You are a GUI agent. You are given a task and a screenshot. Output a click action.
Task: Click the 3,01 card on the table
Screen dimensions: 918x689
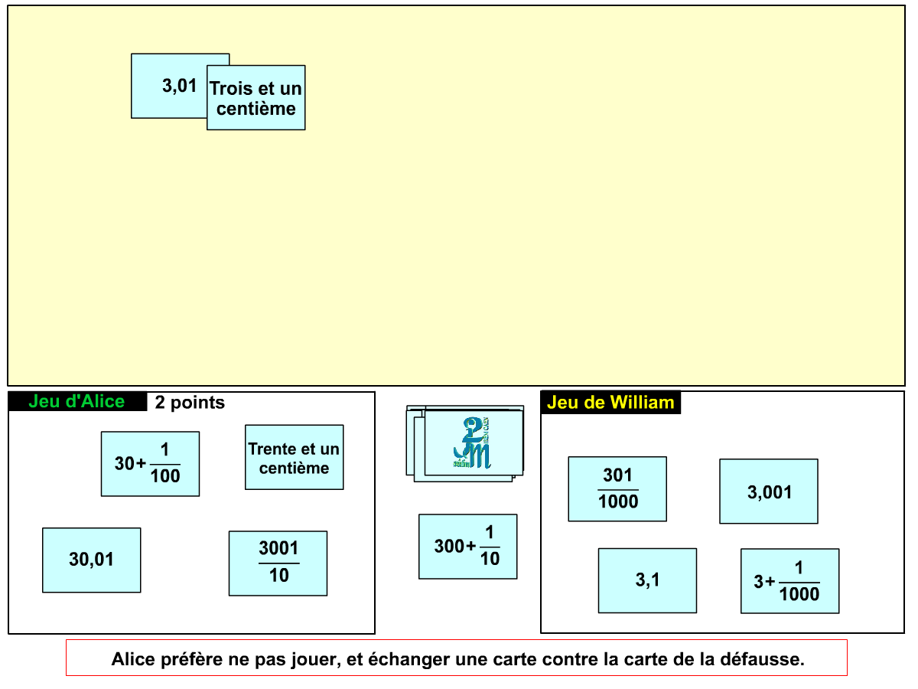pyautogui.click(x=169, y=86)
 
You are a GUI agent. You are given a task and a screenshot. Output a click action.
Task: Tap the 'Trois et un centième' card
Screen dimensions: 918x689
pyautogui.click(x=256, y=97)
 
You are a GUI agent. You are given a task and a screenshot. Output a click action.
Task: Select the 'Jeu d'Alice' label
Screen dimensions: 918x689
pyautogui.click(x=77, y=402)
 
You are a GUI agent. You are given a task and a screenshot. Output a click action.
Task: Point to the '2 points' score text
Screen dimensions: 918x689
pyautogui.click(x=190, y=403)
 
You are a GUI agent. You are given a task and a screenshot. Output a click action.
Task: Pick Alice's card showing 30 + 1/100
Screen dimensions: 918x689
pyautogui.click(x=150, y=464)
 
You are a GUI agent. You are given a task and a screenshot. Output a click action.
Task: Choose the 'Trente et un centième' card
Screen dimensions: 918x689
pyautogui.click(x=295, y=457)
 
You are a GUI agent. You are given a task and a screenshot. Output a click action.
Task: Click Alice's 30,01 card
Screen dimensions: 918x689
pyautogui.click(x=92, y=560)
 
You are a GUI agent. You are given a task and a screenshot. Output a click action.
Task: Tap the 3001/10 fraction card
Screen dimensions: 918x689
pyautogui.click(x=278, y=563)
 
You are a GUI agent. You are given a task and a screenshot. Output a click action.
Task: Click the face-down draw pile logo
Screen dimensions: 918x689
pyautogui.click(x=472, y=443)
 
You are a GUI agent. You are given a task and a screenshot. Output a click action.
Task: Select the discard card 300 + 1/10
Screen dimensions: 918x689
pyautogui.click(x=468, y=547)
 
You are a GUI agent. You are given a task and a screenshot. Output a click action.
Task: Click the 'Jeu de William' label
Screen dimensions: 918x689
pyautogui.click(x=610, y=403)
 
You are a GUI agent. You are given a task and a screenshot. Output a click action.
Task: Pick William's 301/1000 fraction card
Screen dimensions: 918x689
pyautogui.click(x=617, y=489)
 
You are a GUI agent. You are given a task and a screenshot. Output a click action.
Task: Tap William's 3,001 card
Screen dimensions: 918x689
pyautogui.click(x=769, y=491)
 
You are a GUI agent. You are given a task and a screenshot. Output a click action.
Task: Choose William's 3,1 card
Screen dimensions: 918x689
pyautogui.click(x=648, y=581)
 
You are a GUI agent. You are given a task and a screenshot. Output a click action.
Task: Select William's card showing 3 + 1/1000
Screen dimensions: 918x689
pyautogui.click(x=790, y=582)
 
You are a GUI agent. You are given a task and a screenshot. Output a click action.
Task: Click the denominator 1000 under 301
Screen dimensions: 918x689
pyautogui.click(x=618, y=501)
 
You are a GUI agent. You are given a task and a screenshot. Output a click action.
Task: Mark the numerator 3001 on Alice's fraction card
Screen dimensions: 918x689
pyautogui.click(x=279, y=548)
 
